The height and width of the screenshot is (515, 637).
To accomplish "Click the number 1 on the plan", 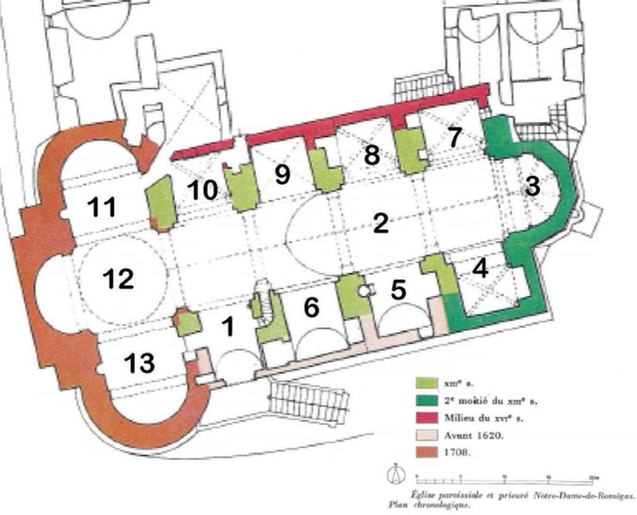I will point(228,327).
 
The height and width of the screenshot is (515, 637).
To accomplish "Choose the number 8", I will point(372,156).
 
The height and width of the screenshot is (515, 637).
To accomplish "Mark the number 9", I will point(282,174).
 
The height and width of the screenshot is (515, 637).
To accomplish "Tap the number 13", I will point(138,363).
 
